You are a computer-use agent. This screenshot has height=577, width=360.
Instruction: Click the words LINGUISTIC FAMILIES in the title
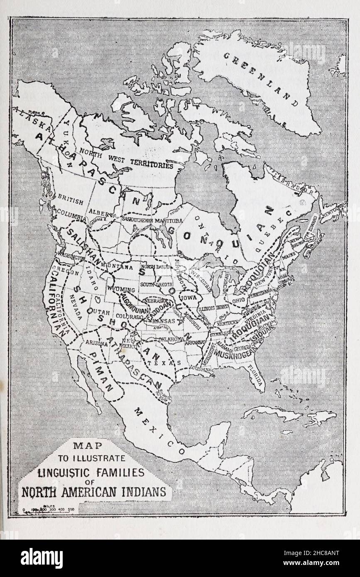pyautogui.click(x=91, y=472)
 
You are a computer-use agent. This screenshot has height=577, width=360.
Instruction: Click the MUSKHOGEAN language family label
pyautogui.click(x=233, y=355)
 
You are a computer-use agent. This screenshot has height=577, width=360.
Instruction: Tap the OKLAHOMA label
pyautogui.click(x=170, y=339)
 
